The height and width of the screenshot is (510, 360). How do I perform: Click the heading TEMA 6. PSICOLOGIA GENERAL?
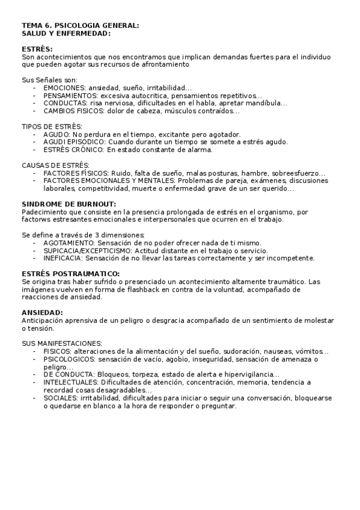coord(80,26)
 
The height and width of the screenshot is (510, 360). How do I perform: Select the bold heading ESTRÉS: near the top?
coord(37,49)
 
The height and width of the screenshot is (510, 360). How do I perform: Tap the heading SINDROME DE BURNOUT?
coord(69,204)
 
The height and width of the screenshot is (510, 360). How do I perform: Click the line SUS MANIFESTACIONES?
coord(62,343)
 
